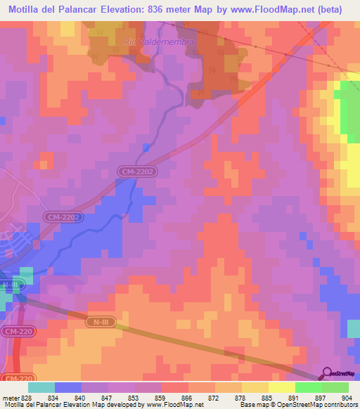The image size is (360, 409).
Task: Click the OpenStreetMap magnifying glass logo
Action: pyautogui.click(x=328, y=374)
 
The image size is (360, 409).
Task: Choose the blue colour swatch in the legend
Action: pyautogui.click(x=68, y=387)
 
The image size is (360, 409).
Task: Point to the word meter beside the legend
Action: pyautogui.click(x=8, y=396)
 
